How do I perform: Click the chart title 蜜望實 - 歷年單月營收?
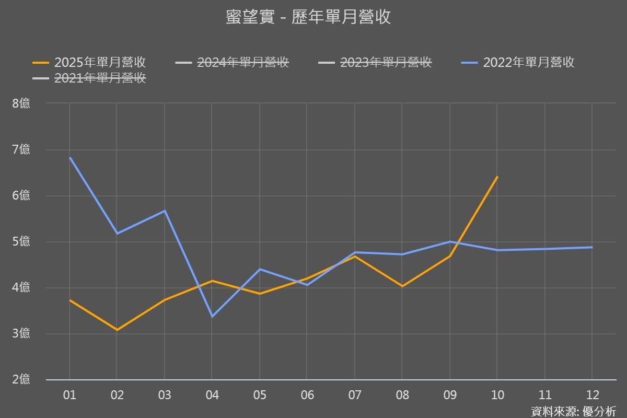tap(308, 17)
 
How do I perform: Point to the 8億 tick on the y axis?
tap(21, 103)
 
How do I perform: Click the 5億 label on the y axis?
tap(21, 242)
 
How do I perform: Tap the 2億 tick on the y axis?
tap(21, 380)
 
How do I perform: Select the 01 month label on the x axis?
tap(69, 395)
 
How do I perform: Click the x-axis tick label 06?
tap(307, 395)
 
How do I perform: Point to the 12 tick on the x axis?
tap(593, 395)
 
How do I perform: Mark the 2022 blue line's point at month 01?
tap(69, 157)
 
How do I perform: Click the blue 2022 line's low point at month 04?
tap(212, 317)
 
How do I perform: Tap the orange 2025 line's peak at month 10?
tap(497, 177)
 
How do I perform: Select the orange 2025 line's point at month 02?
tap(117, 330)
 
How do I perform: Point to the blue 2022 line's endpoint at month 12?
tap(592, 247)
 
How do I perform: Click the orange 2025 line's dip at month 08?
tap(402, 286)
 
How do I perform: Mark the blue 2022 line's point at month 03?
tap(165, 211)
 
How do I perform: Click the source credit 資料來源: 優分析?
tap(573, 411)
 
